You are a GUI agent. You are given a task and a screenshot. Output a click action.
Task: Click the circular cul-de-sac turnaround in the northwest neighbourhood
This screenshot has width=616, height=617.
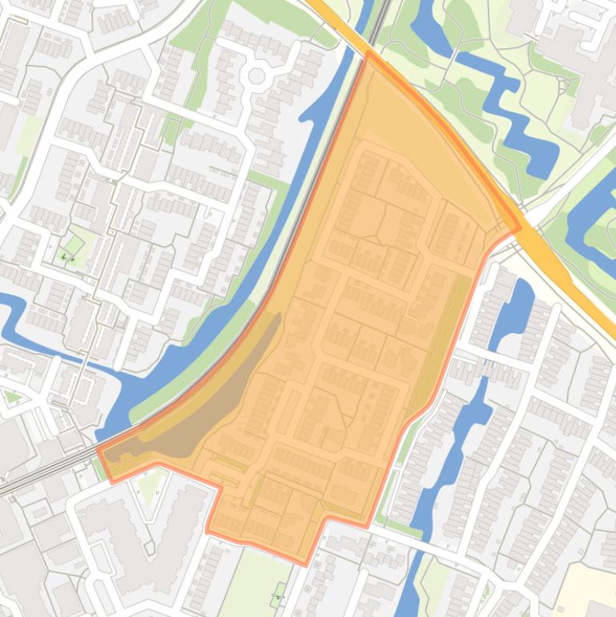(x=257, y=77)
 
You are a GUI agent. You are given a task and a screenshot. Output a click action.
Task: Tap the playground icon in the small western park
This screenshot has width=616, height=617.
(x=68, y=256)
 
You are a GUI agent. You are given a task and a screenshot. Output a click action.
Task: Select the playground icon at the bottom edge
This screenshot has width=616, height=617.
(x=278, y=597)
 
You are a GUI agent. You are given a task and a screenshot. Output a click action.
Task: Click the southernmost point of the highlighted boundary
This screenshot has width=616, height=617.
(x=306, y=563)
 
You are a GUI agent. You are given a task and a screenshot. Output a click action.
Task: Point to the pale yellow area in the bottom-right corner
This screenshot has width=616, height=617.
(x=589, y=589)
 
